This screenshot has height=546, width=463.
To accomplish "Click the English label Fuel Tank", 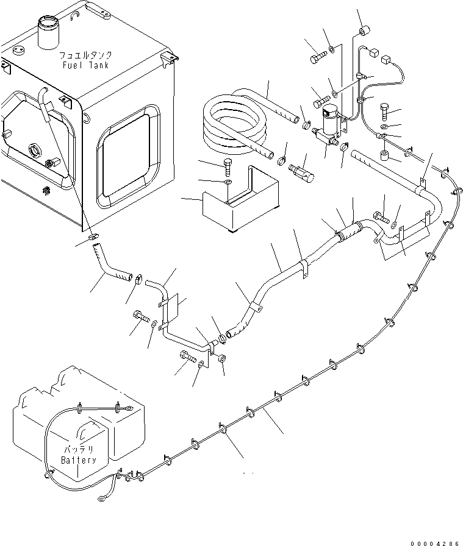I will tap(85, 65).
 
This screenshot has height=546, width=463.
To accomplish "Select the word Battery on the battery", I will tap(79, 460).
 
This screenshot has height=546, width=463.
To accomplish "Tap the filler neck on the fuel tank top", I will tap(47, 32).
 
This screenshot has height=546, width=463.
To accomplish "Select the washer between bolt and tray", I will tap(228, 182).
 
